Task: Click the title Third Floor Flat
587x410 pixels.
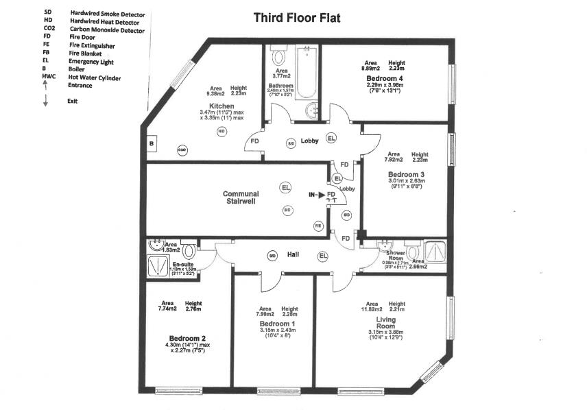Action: click(297, 18)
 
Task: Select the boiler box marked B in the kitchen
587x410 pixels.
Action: click(151, 144)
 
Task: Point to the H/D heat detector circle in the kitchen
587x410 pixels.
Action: click(221, 131)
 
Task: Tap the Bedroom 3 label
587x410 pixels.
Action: click(406, 175)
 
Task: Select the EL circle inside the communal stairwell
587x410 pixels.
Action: click(285, 186)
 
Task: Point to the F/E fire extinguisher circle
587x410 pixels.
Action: click(318, 225)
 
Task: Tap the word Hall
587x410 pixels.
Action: click(293, 254)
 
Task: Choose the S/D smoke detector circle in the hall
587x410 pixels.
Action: click(272, 256)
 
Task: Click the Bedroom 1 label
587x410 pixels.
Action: click(277, 323)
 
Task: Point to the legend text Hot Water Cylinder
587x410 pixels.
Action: click(95, 77)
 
